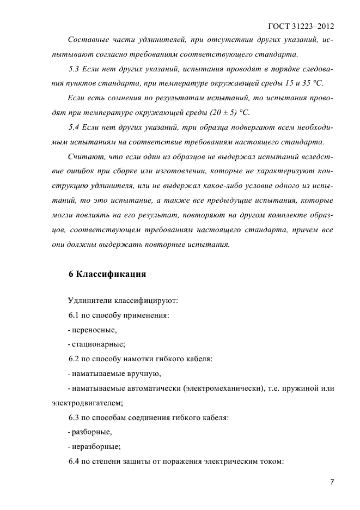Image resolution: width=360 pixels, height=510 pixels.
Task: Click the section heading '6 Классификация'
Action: [107, 274]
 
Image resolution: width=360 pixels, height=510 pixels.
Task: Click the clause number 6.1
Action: [74, 316]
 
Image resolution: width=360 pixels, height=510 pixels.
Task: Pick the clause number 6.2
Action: [74, 359]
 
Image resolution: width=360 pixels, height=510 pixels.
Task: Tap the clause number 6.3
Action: [74, 418]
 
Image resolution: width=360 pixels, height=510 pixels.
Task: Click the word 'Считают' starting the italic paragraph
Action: [84, 156]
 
